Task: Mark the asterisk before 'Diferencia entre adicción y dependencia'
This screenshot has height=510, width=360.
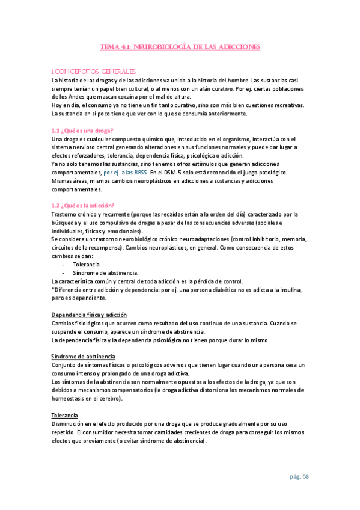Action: (x=53, y=289)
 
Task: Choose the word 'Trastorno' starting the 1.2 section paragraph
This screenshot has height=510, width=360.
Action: (x=65, y=214)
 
